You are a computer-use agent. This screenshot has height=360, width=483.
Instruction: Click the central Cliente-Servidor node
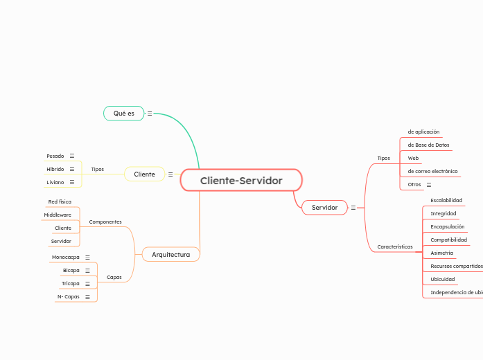point(241,181)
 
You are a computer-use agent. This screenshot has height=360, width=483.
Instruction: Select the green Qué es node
point(124,113)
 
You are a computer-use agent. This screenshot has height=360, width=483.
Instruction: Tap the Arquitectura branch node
point(170,255)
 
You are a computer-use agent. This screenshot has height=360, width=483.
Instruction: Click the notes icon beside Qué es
point(150,114)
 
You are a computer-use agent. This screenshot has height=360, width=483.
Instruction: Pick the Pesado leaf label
point(55,156)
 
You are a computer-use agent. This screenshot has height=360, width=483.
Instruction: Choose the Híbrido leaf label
point(55,169)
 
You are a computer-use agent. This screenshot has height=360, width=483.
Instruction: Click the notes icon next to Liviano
point(72,182)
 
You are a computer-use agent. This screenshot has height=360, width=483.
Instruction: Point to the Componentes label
point(105,222)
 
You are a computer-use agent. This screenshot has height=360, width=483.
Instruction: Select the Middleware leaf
point(58,215)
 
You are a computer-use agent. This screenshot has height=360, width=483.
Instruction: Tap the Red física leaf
point(60,202)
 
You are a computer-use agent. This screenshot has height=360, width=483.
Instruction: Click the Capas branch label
point(114,278)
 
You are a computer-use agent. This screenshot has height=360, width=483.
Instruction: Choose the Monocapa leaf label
point(66,258)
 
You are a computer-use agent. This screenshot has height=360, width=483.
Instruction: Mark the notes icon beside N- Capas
point(87,297)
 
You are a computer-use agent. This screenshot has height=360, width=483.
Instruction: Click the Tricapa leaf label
point(71,284)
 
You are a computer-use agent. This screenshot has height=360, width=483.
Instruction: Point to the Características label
point(395,247)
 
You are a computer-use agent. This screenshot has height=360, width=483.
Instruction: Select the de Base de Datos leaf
point(428,145)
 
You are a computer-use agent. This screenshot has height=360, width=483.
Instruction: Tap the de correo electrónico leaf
point(432,172)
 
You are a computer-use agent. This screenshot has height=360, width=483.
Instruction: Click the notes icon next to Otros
point(429,185)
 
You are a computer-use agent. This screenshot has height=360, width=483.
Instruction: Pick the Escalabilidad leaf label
point(446,201)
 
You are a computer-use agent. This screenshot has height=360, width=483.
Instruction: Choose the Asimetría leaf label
point(442,253)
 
